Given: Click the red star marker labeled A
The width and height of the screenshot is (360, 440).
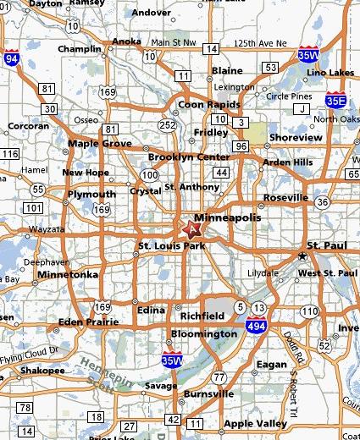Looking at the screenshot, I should pos(192,228).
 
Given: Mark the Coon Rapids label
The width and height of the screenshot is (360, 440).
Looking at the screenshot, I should pos(204,105).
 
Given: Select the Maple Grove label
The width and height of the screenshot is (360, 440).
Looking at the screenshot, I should pos(100,144).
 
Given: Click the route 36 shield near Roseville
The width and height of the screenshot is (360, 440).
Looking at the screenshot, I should pos(323,202).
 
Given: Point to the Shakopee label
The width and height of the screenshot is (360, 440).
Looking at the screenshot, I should pos(42,371).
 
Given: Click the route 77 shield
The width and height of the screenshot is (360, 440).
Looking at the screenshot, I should pos(219,377).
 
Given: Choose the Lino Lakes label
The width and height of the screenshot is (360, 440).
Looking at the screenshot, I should pos(331,73).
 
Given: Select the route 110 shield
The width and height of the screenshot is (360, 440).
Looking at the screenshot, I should pos(308,312).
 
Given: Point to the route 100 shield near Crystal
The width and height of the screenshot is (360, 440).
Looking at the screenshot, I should pos(149,175).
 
